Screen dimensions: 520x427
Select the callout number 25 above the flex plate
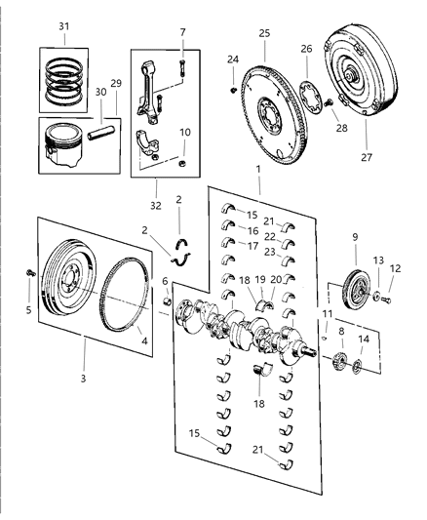pyautogui.click(x=263, y=34)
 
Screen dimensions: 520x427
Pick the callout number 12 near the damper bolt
pyautogui.click(x=395, y=269)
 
